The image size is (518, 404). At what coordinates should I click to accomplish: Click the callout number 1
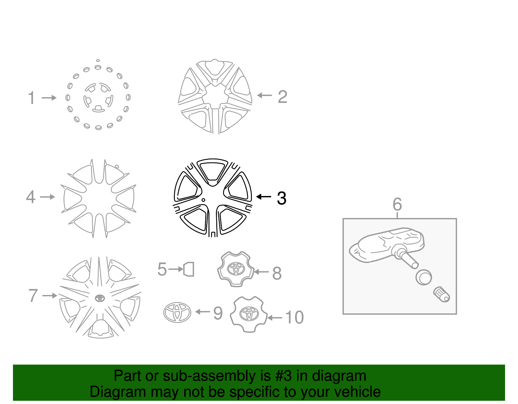(31, 98)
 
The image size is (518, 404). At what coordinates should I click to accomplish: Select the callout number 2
(282, 97)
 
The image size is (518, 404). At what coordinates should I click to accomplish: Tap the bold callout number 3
(281, 198)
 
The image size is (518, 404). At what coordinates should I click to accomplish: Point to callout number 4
(31, 197)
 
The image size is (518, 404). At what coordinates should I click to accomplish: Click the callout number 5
(162, 269)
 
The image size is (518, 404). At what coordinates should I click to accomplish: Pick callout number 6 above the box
(397, 204)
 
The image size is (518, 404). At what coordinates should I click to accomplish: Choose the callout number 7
(33, 296)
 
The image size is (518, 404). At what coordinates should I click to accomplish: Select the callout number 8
(277, 273)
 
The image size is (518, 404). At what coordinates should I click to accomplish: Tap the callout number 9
(218, 313)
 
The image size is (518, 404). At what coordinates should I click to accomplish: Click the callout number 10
(294, 317)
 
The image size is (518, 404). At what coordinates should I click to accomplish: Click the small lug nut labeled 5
(189, 269)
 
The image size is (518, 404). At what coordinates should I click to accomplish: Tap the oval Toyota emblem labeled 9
(177, 312)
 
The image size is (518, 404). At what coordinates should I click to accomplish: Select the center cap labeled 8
(235, 269)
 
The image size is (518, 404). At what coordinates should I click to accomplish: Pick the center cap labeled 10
(249, 314)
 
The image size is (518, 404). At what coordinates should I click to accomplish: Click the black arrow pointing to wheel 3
(264, 197)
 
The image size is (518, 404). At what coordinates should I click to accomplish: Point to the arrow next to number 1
(49, 98)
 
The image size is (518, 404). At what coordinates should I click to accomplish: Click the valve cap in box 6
(442, 294)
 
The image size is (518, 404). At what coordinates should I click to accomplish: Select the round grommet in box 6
(423, 277)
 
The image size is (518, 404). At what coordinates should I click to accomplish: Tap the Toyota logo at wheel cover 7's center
(100, 298)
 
